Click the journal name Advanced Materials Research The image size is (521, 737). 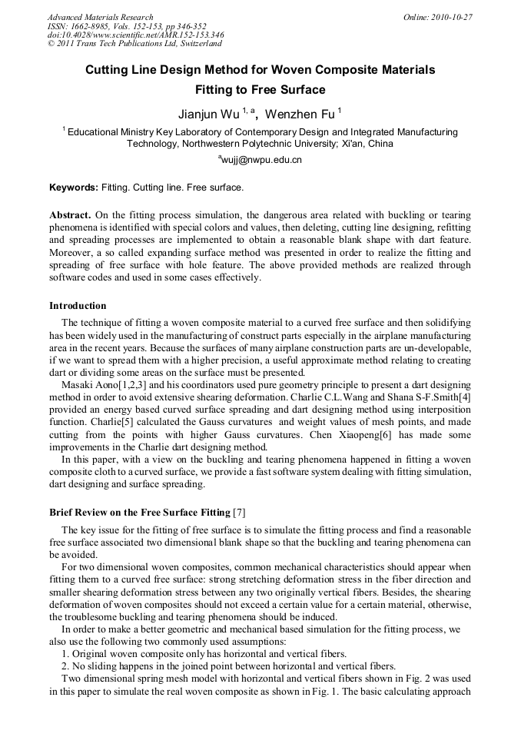point(100,17)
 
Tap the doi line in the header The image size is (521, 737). point(135,35)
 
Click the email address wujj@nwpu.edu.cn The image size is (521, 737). point(262,160)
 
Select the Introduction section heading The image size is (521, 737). point(78,305)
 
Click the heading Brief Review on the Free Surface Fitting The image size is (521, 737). point(139,512)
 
